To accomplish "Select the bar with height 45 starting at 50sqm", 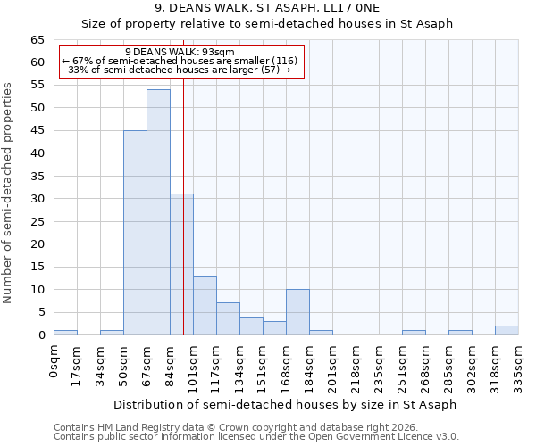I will [135, 233].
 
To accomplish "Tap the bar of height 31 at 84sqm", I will [181, 264].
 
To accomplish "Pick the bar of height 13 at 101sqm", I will [205, 305].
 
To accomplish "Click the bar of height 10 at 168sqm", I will [297, 312].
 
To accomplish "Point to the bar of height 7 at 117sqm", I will [228, 318].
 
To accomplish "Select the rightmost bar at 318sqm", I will [507, 330].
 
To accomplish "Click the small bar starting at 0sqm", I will [65, 332].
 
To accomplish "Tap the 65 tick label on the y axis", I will [38, 40].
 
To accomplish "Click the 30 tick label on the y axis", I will [38, 199].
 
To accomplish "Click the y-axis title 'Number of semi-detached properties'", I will [8, 192].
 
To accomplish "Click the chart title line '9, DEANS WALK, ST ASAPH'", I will [267, 9].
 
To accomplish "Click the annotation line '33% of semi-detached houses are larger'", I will [180, 70].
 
